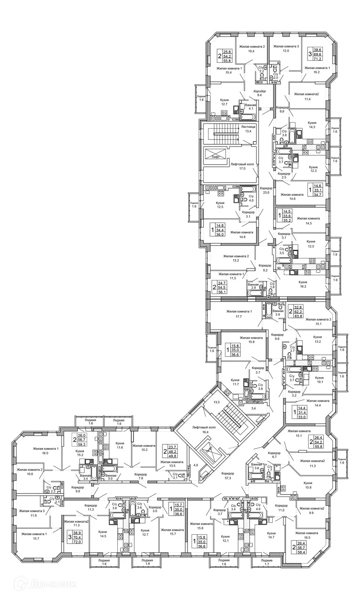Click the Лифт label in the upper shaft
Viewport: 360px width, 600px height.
[215, 157]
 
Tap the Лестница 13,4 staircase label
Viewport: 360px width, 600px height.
[248, 129]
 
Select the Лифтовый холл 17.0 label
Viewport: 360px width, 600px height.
[242, 166]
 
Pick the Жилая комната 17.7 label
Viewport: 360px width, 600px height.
[239, 313]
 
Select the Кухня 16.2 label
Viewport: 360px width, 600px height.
[303, 284]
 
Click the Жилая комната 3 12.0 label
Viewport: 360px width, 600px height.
[286, 48]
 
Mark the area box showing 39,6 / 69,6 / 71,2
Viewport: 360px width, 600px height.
[317, 54]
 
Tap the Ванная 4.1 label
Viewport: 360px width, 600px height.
[250, 107]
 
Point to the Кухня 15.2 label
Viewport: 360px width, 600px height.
[79, 453]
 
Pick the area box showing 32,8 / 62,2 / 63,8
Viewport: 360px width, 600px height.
[298, 311]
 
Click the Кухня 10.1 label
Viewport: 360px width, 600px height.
[319, 380]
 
